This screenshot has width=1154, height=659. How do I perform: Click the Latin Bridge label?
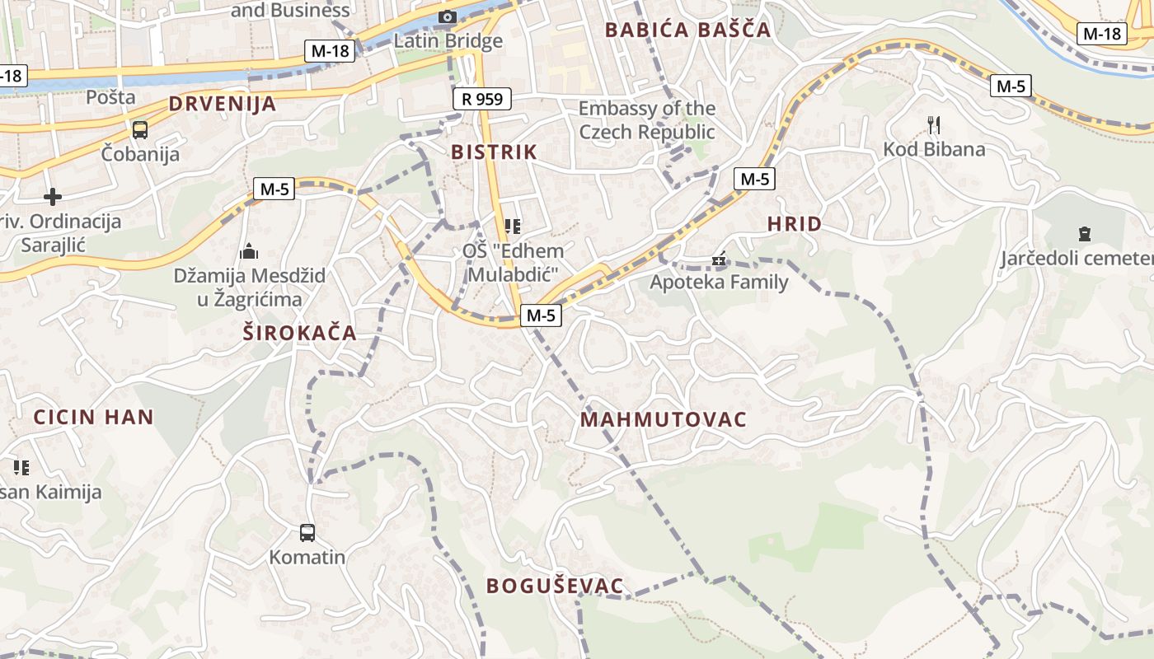[x=448, y=40]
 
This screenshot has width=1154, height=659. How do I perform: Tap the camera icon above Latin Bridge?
[x=448, y=16]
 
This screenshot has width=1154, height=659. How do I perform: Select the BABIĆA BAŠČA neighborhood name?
[x=687, y=30]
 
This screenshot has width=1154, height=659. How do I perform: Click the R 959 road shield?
[x=482, y=100]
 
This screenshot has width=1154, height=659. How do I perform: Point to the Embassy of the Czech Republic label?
[x=647, y=120]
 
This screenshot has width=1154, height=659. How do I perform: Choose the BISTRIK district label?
[x=494, y=152]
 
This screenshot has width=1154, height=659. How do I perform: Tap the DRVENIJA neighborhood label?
[x=223, y=104]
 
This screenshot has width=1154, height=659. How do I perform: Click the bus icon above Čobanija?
[x=140, y=129]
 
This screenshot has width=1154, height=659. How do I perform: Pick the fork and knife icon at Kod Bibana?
[x=934, y=125]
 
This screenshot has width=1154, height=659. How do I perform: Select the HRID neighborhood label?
[x=795, y=224]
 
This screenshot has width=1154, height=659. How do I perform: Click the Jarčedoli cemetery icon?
[x=1085, y=234]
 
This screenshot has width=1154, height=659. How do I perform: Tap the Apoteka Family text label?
[x=719, y=282]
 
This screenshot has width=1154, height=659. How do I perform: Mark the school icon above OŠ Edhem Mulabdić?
[x=513, y=226]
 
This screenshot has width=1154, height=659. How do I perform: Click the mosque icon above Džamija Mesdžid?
[x=249, y=250]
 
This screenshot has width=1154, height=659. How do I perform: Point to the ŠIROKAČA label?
[x=300, y=333]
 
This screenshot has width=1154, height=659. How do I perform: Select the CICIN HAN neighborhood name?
[x=94, y=417]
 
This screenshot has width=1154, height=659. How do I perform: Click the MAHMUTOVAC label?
[x=664, y=420]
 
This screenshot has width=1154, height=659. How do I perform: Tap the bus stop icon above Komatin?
[x=307, y=533]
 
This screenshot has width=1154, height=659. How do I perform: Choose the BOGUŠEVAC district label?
[x=555, y=587]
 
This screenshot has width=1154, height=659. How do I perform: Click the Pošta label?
[x=110, y=97]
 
